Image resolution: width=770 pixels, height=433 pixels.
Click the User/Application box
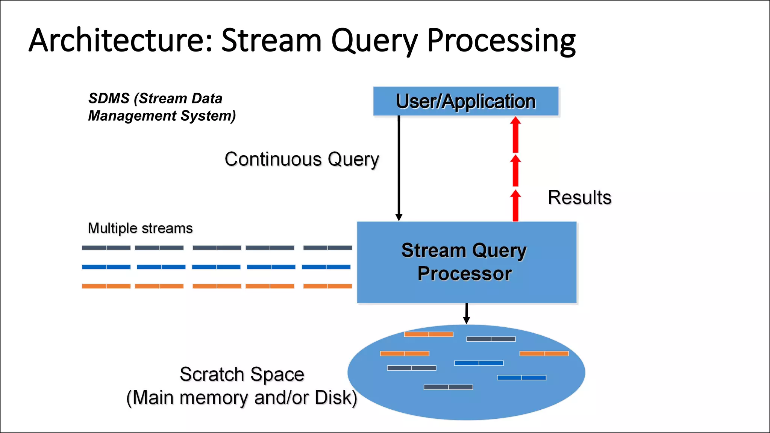[x=465, y=101]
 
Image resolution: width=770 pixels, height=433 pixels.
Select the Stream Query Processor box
[x=466, y=262]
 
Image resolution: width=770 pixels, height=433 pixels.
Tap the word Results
[x=579, y=197]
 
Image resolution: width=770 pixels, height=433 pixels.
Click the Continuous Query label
[x=302, y=159]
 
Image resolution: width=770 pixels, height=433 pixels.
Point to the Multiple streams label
[x=140, y=228]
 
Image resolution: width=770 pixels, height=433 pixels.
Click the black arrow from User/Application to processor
[x=399, y=169]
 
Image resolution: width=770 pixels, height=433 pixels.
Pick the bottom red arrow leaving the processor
[x=515, y=206]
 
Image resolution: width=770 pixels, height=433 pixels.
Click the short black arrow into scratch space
[x=466, y=313]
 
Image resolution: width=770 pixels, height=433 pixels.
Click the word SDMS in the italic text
[x=109, y=98]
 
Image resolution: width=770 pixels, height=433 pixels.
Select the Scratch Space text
[x=242, y=374]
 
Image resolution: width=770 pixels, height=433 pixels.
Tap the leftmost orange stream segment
[x=106, y=286]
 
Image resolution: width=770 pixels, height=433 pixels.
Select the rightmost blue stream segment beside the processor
[x=326, y=267]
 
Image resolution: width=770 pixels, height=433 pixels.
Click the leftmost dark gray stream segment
[x=106, y=248]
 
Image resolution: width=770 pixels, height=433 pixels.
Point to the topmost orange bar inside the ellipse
[x=429, y=334]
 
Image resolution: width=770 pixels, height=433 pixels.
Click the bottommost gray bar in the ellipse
[x=448, y=387]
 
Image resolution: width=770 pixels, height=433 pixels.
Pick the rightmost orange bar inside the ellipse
[x=544, y=353]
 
